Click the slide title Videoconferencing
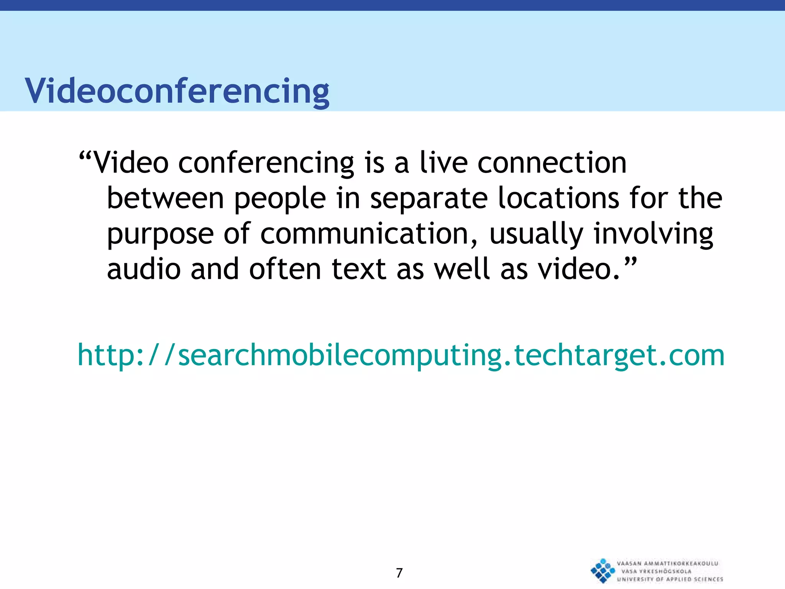(177, 91)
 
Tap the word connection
(552, 163)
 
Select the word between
(165, 198)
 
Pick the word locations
(558, 198)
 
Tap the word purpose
(160, 235)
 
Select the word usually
(536, 234)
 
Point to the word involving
(653, 234)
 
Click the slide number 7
(399, 573)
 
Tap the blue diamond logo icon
(603, 571)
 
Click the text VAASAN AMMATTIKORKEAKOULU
(667, 563)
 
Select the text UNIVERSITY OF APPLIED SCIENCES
(670, 579)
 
